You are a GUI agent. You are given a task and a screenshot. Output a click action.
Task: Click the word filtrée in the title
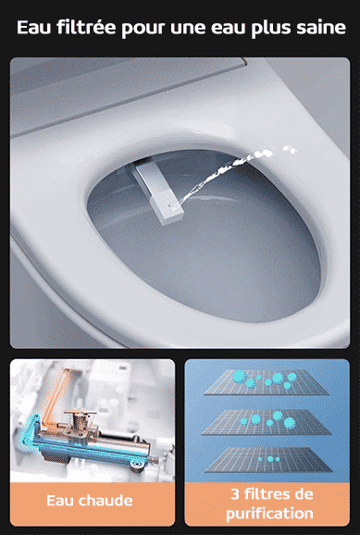pyautogui.click(x=87, y=27)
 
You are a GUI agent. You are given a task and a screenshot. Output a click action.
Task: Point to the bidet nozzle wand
pyautogui.click(x=157, y=193)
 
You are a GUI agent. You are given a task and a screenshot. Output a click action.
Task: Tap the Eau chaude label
pyautogui.click(x=90, y=501)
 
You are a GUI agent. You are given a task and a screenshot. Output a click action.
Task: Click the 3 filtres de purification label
pyautogui.click(x=270, y=504)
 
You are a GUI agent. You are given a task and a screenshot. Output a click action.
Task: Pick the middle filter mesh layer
pyautogui.click(x=267, y=422)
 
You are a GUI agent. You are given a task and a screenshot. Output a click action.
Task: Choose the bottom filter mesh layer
pyautogui.click(x=268, y=460)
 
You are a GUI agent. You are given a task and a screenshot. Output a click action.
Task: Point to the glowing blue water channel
pyautogui.click(x=68, y=443)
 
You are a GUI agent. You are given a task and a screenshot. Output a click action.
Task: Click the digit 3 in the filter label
pyautogui.click(x=235, y=494)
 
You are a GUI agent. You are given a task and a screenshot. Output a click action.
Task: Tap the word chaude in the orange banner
pyautogui.click(x=105, y=501)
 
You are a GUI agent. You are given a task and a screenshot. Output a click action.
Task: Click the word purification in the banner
pyautogui.click(x=269, y=514)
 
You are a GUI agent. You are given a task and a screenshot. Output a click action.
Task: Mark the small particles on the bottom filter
pyautogui.click(x=269, y=459)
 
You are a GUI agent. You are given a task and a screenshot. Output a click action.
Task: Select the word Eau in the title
pyautogui.click(x=34, y=27)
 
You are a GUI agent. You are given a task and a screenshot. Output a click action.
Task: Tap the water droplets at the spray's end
pyautogui.click(x=290, y=149)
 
